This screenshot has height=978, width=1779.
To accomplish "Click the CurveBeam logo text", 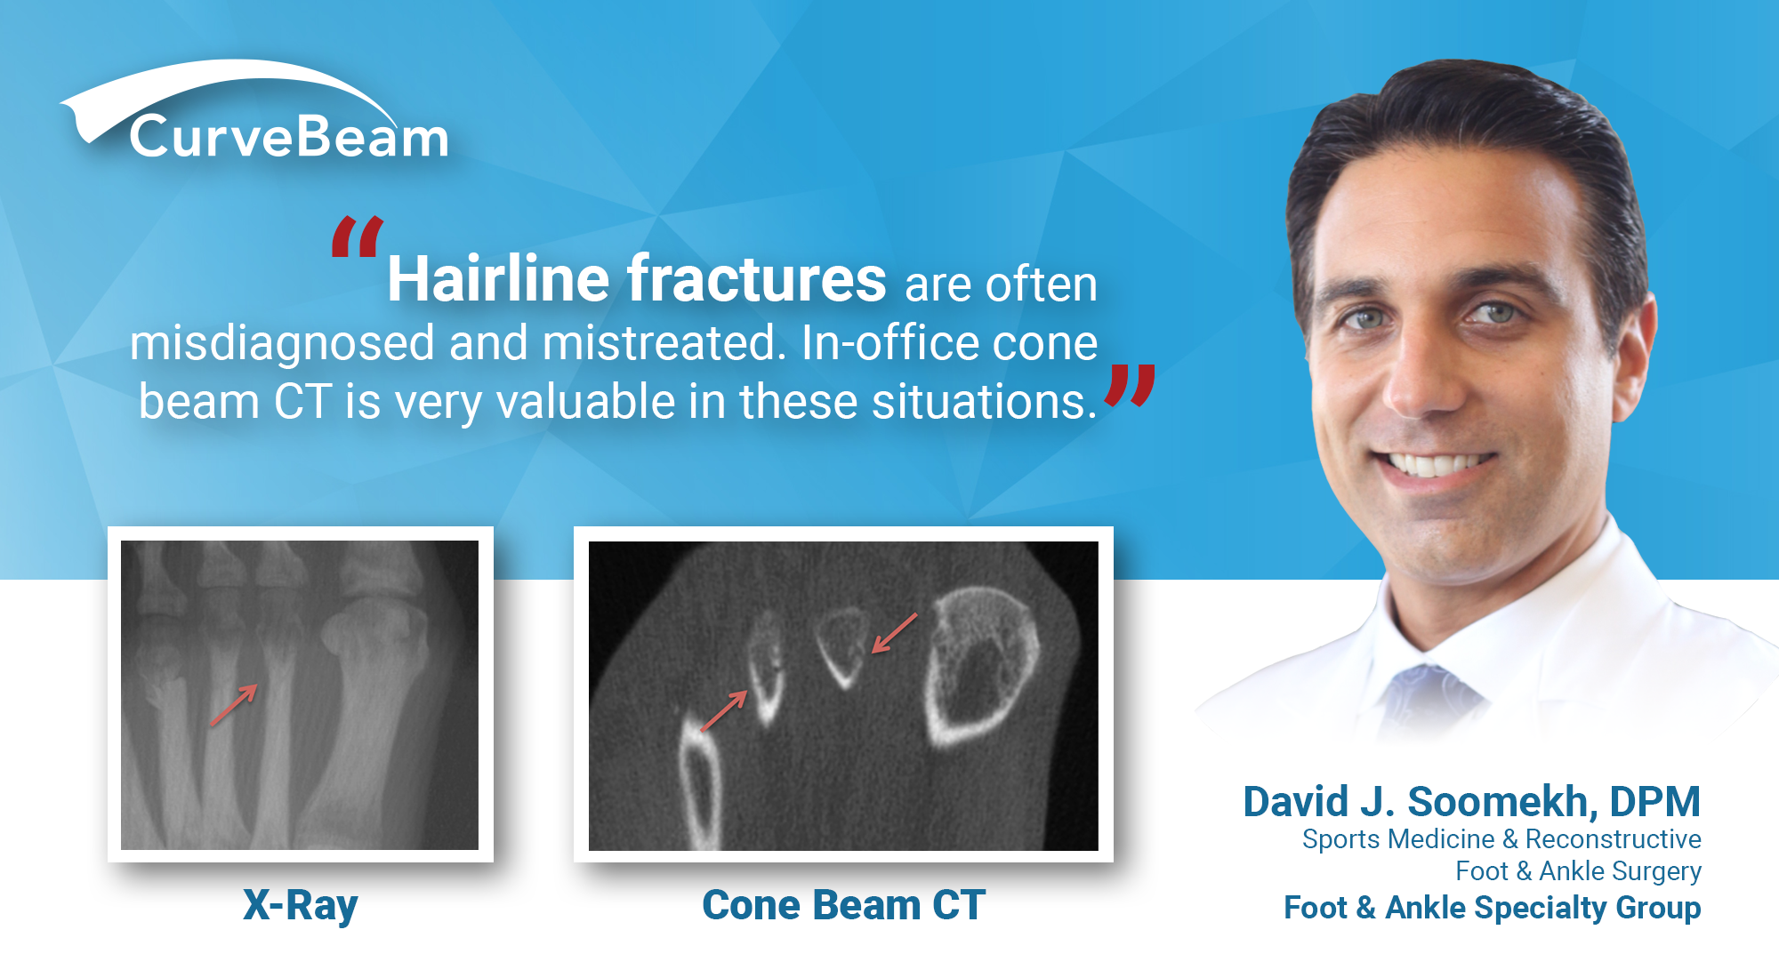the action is (289, 138).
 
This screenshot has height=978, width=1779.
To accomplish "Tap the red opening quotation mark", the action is (358, 236).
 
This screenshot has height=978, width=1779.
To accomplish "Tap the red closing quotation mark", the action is (1130, 386).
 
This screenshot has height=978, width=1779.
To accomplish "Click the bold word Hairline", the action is (498, 279).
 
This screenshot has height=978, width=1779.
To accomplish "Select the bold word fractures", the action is (757, 279).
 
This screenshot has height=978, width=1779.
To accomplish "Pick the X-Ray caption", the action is (301, 906).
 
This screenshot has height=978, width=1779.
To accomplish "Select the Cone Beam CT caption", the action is (843, 905).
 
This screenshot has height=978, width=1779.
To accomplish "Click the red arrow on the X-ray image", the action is (234, 704).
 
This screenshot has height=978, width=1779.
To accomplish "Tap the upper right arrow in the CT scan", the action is (894, 632).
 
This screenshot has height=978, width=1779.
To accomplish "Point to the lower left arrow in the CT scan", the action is (724, 710).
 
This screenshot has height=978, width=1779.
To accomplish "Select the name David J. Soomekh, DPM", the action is (1471, 801).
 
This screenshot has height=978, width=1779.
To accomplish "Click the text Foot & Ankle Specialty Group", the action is (1492, 908).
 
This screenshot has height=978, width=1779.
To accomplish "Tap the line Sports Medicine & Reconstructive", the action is (1501, 838).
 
